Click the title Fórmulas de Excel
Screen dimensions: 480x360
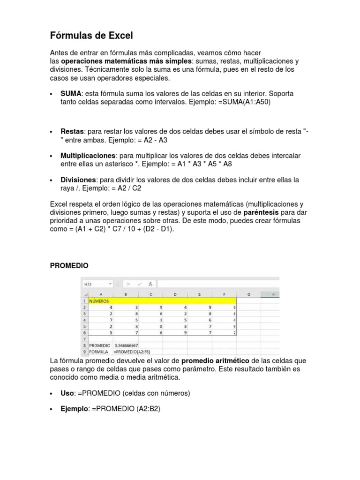click(x=91, y=35)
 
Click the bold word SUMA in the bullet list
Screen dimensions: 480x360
click(x=71, y=94)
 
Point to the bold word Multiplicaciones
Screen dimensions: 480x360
click(x=88, y=155)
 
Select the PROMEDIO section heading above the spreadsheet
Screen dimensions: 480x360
click(x=69, y=265)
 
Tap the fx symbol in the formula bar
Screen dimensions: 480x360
click(x=150, y=284)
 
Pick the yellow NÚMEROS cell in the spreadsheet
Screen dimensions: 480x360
click(x=99, y=301)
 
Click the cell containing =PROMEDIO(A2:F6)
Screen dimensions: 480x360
click(x=132, y=352)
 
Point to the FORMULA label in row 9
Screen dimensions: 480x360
click(x=99, y=352)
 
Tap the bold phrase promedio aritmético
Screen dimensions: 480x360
click(x=215, y=360)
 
